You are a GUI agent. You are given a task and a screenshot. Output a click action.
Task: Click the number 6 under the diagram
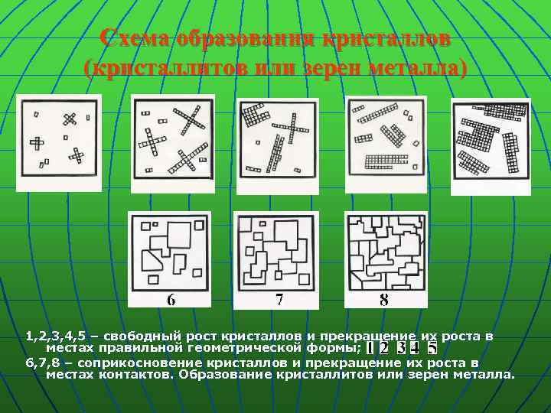[x=171, y=299]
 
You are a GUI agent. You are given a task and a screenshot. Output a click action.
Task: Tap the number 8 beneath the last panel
[x=383, y=299]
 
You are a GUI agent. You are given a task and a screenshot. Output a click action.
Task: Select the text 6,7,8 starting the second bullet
[x=43, y=363]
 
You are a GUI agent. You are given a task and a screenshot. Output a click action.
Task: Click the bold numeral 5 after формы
[x=432, y=347]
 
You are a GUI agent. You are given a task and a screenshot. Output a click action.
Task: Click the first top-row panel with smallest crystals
[x=59, y=142]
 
